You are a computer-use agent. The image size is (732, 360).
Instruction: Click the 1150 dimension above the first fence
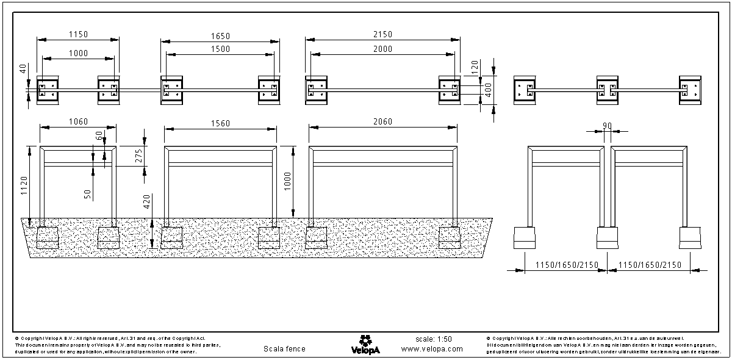click(77, 35)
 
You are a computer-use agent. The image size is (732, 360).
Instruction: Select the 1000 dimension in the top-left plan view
click(77, 54)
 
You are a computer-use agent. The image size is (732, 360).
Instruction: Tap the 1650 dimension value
click(220, 37)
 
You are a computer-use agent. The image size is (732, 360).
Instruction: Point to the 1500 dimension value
click(220, 49)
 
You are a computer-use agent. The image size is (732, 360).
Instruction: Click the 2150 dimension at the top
click(382, 35)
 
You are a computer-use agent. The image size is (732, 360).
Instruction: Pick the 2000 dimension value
click(382, 49)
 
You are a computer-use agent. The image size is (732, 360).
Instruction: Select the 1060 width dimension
click(77, 122)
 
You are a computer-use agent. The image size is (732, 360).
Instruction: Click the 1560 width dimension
click(220, 123)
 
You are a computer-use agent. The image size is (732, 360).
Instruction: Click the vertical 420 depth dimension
click(147, 202)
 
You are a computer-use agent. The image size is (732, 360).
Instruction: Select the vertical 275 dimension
click(138, 156)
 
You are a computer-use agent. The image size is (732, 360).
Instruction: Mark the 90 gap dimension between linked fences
click(607, 126)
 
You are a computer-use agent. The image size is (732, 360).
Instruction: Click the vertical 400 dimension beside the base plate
click(487, 90)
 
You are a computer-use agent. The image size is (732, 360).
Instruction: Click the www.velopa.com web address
click(431, 350)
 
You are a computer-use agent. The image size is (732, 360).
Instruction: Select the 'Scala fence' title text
click(284, 349)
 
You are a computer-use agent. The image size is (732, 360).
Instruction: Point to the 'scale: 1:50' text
click(433, 339)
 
